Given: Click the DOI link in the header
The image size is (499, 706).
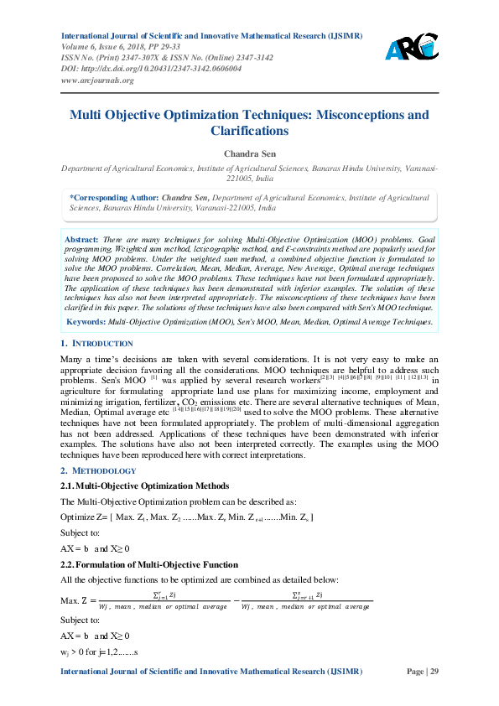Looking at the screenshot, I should point(152,70).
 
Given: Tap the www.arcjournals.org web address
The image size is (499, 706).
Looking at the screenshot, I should point(97,80).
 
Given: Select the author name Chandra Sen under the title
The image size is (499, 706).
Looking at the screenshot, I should point(249,153).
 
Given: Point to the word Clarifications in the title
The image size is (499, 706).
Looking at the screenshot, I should point(249,131).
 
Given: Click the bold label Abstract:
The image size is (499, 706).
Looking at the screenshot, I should point(82,240).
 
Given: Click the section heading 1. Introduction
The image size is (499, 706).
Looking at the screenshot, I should point(97,344).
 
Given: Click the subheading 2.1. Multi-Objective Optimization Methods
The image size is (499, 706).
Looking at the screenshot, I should point(145,485).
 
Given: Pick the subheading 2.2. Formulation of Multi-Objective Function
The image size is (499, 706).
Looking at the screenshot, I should point(149,565).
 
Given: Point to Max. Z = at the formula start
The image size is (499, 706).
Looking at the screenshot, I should point(79,600).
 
